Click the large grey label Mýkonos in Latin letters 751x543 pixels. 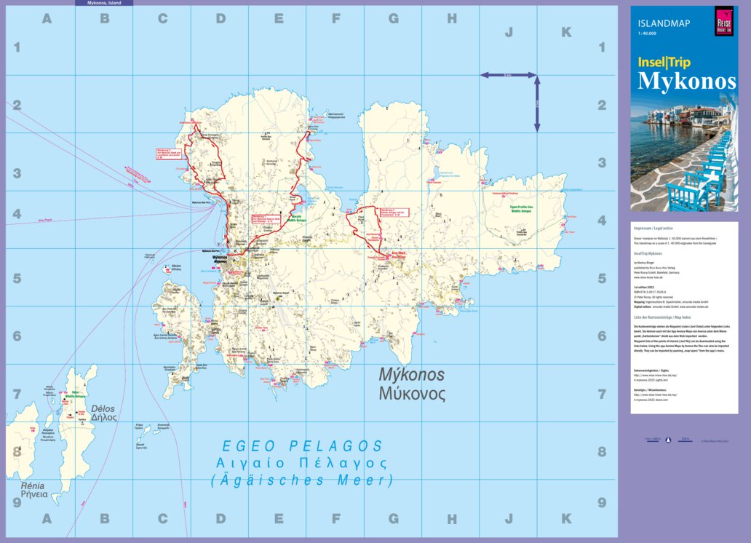point(411,375)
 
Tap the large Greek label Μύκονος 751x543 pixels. point(411,395)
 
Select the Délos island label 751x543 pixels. point(104,409)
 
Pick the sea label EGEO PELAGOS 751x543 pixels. point(302,445)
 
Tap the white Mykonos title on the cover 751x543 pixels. point(686,82)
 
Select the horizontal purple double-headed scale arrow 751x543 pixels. point(508,74)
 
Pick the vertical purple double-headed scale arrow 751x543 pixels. point(537,104)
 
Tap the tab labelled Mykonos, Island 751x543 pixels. point(104,3)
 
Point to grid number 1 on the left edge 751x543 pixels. point(16,48)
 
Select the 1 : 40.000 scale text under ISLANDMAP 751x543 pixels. point(647,33)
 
